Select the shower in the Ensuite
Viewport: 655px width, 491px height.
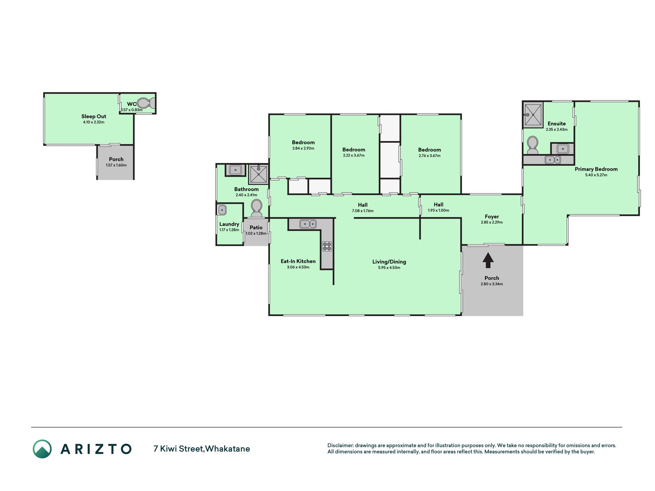[x=533, y=114]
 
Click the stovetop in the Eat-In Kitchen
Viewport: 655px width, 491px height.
[x=327, y=246]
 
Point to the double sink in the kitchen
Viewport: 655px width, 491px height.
[x=308, y=224]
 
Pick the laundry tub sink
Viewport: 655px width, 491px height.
[x=222, y=210]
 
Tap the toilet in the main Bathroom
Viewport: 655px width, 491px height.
[x=256, y=208]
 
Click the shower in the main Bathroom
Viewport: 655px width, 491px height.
[x=258, y=175]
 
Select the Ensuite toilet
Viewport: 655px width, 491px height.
[x=532, y=145]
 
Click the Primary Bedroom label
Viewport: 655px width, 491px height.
[x=596, y=169]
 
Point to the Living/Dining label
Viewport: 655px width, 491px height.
[x=389, y=262]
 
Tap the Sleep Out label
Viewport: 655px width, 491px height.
[x=94, y=116]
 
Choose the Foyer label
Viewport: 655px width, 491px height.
[x=492, y=216]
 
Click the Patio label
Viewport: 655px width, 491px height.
[x=256, y=227]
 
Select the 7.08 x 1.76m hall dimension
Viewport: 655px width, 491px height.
[x=363, y=211]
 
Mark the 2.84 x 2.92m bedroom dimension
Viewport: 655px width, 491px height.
[x=303, y=148]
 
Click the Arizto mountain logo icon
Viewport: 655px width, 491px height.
[x=42, y=449]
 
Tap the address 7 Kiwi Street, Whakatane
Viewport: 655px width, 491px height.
[x=201, y=449]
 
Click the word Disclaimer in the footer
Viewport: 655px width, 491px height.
[x=340, y=445]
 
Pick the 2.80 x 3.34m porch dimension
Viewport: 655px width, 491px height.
[x=492, y=284]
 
